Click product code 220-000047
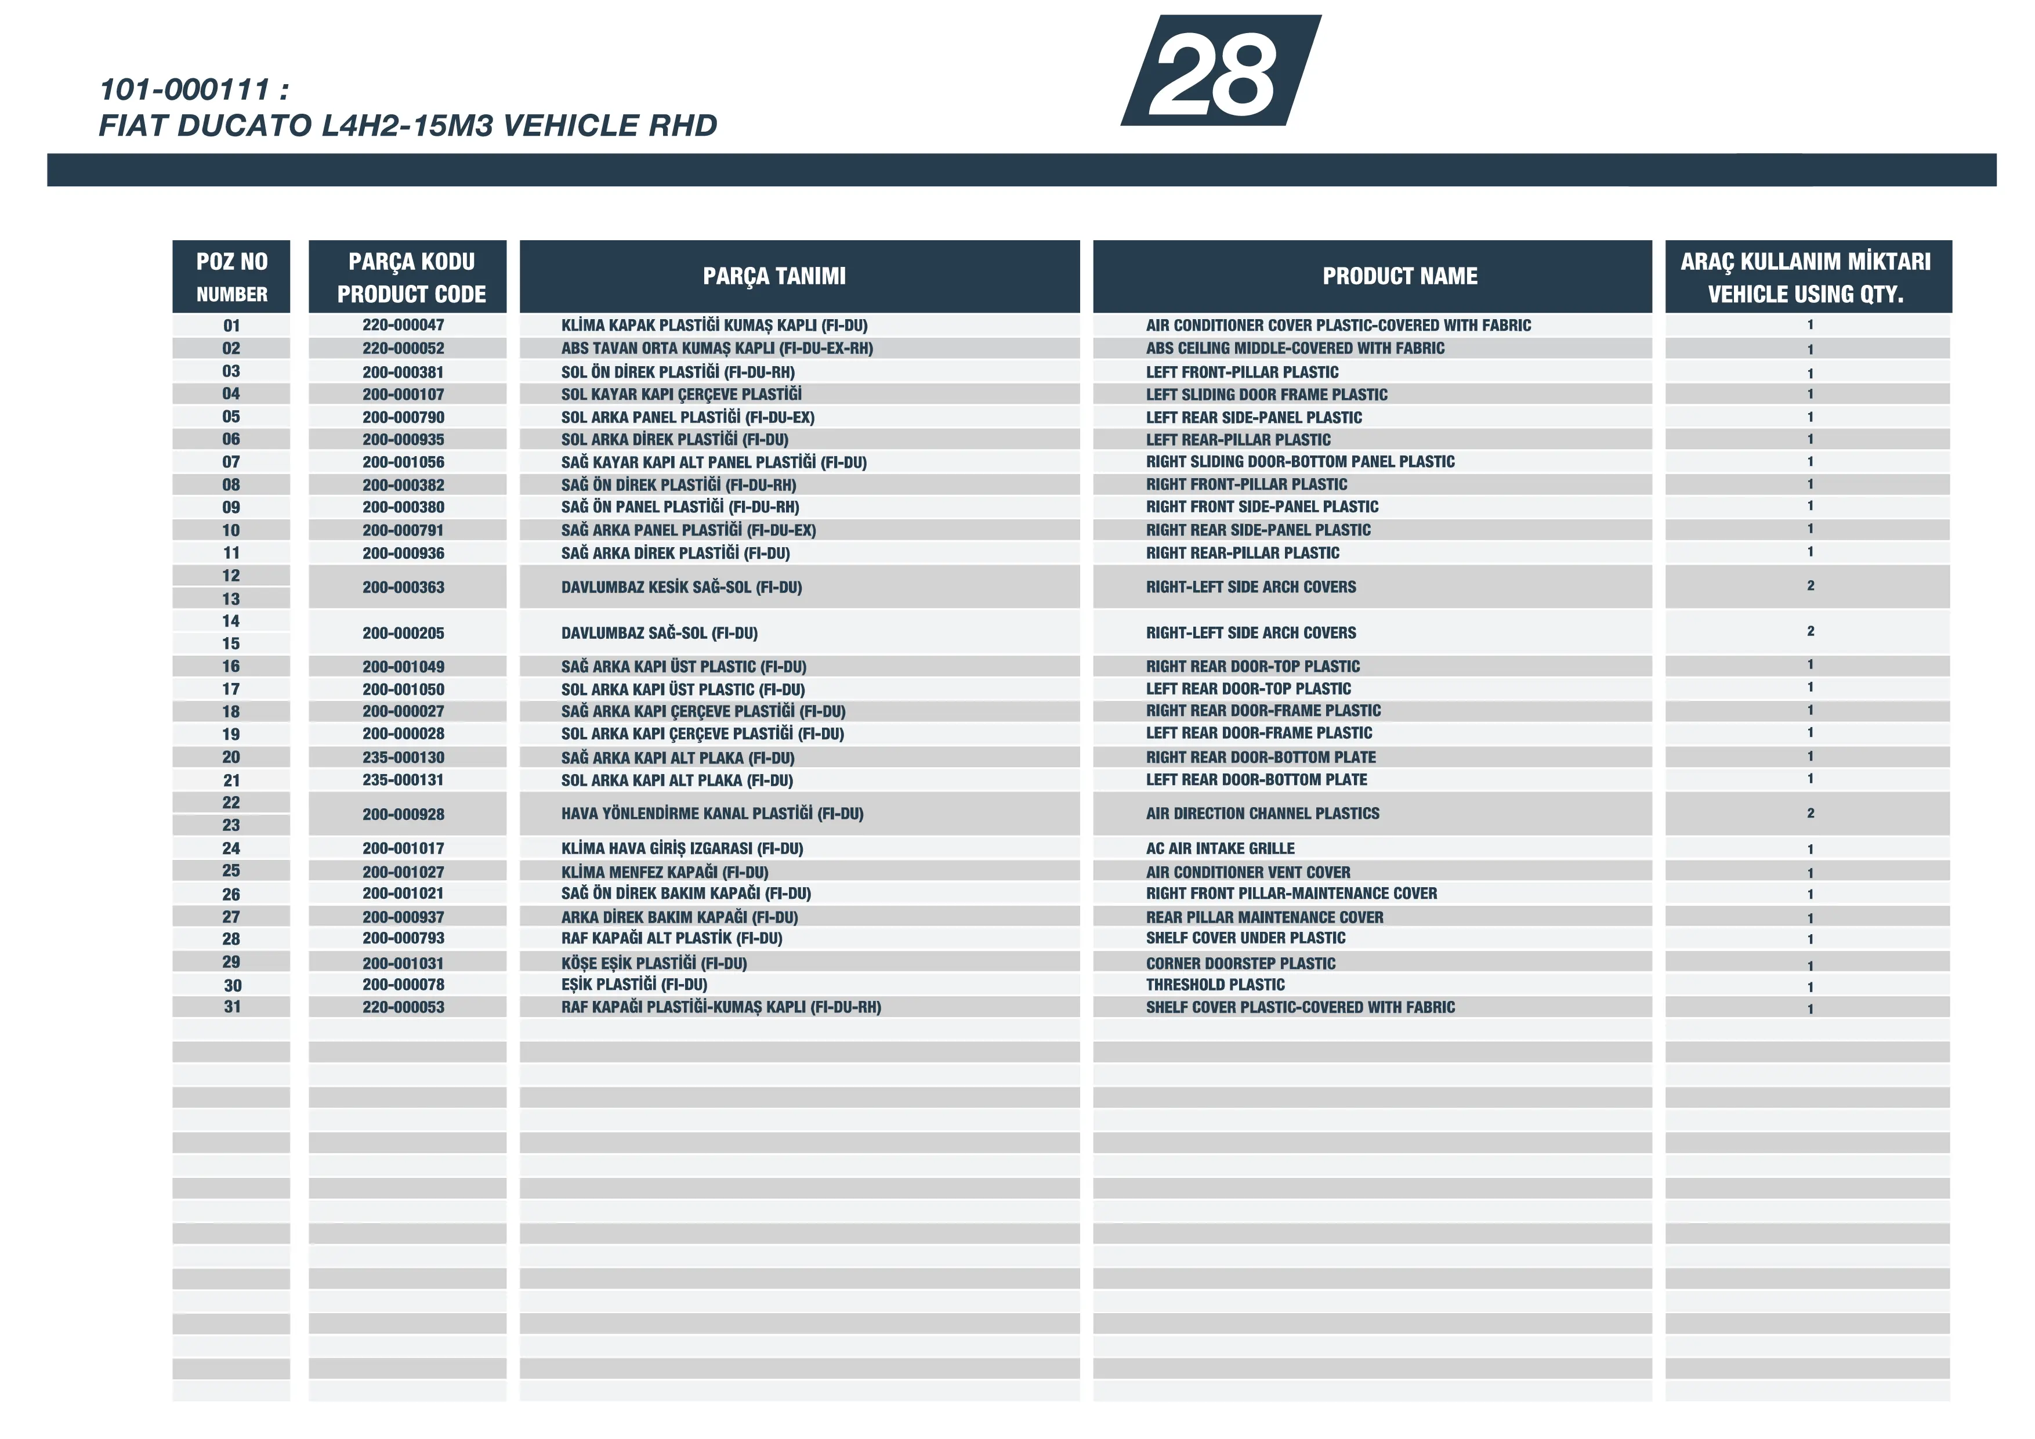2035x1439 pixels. click(x=403, y=326)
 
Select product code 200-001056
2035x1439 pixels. click(x=403, y=462)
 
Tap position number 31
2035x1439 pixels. click(x=232, y=1007)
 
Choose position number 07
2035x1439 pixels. click(x=231, y=462)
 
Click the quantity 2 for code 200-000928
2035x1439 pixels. click(x=1810, y=813)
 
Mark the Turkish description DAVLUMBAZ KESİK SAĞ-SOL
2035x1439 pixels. click(x=680, y=587)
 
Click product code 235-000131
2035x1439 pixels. click(x=403, y=780)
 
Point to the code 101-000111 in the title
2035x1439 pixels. click(x=184, y=89)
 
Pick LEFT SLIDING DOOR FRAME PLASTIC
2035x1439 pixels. click(x=1266, y=395)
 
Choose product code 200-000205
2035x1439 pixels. click(x=403, y=633)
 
